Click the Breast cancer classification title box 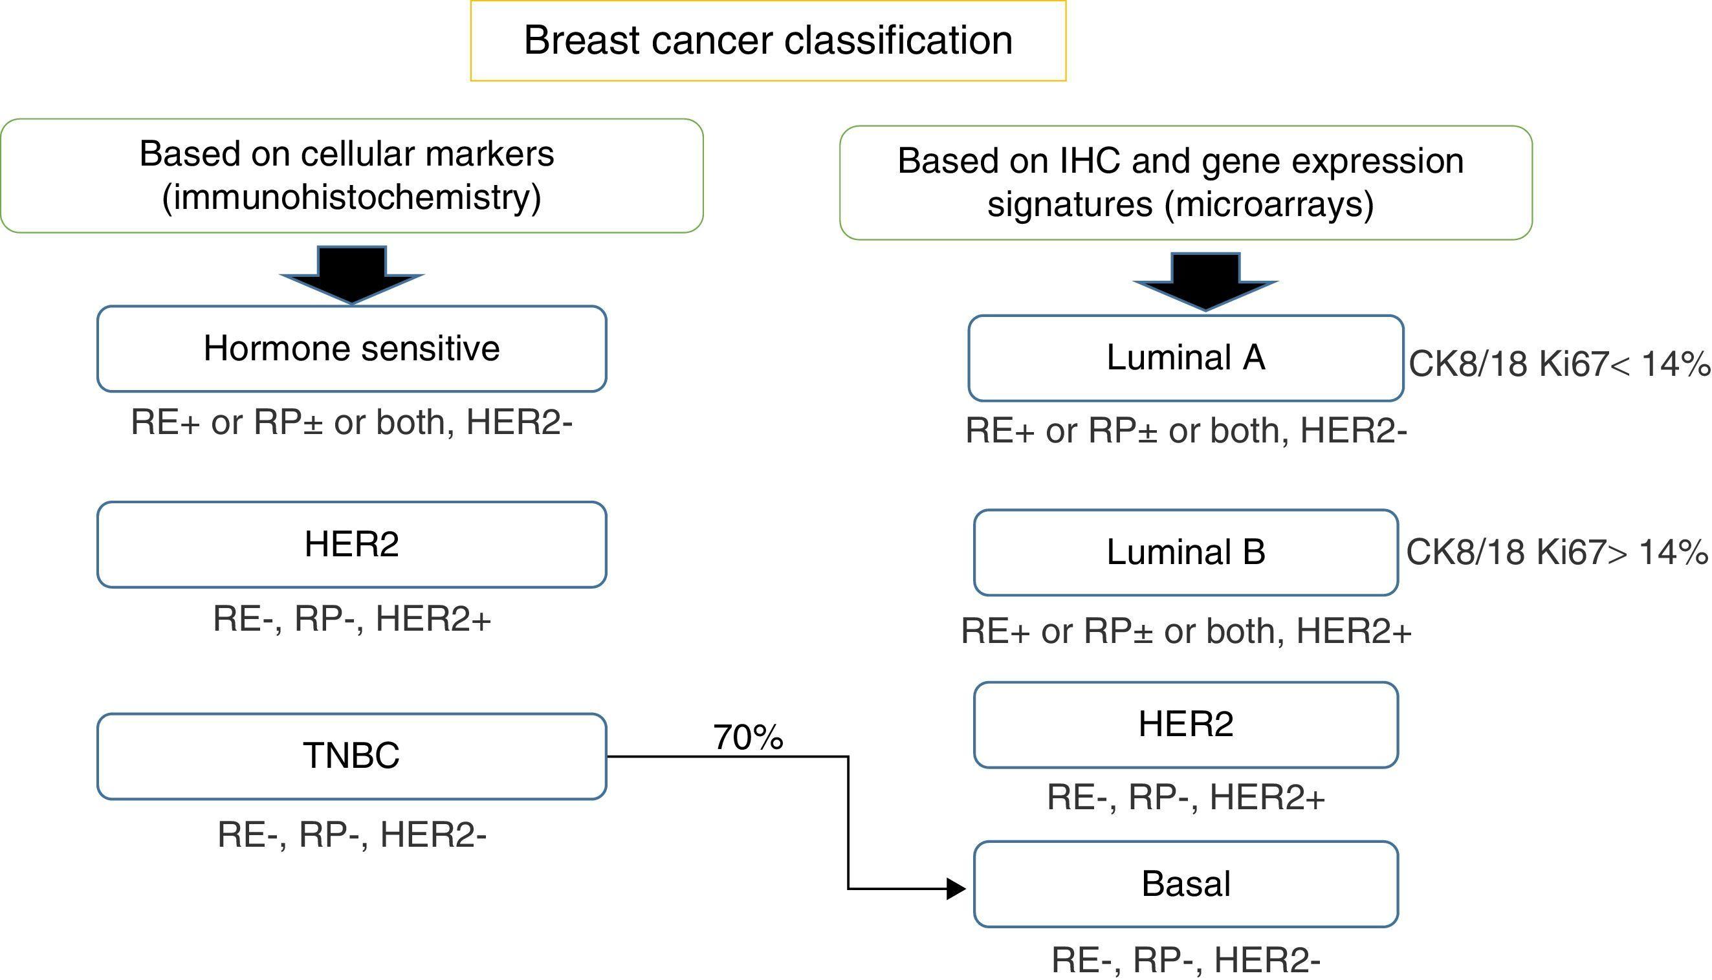click(x=767, y=40)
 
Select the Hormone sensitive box click(x=351, y=349)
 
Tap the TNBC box click(x=351, y=756)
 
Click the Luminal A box click(x=1185, y=358)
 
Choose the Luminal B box click(x=1185, y=552)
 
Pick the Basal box click(x=1185, y=884)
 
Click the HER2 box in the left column click(x=351, y=545)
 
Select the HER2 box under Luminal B click(x=1185, y=725)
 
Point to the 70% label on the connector click(x=748, y=737)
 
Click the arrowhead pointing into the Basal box click(x=956, y=888)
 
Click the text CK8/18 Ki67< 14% click(x=1559, y=365)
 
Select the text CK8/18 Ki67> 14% click(x=1557, y=552)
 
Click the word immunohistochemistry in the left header click(x=351, y=198)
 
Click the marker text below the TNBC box click(x=351, y=834)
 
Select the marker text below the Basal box click(x=1185, y=960)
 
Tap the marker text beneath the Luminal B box click(x=1185, y=631)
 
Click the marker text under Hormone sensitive click(x=351, y=422)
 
